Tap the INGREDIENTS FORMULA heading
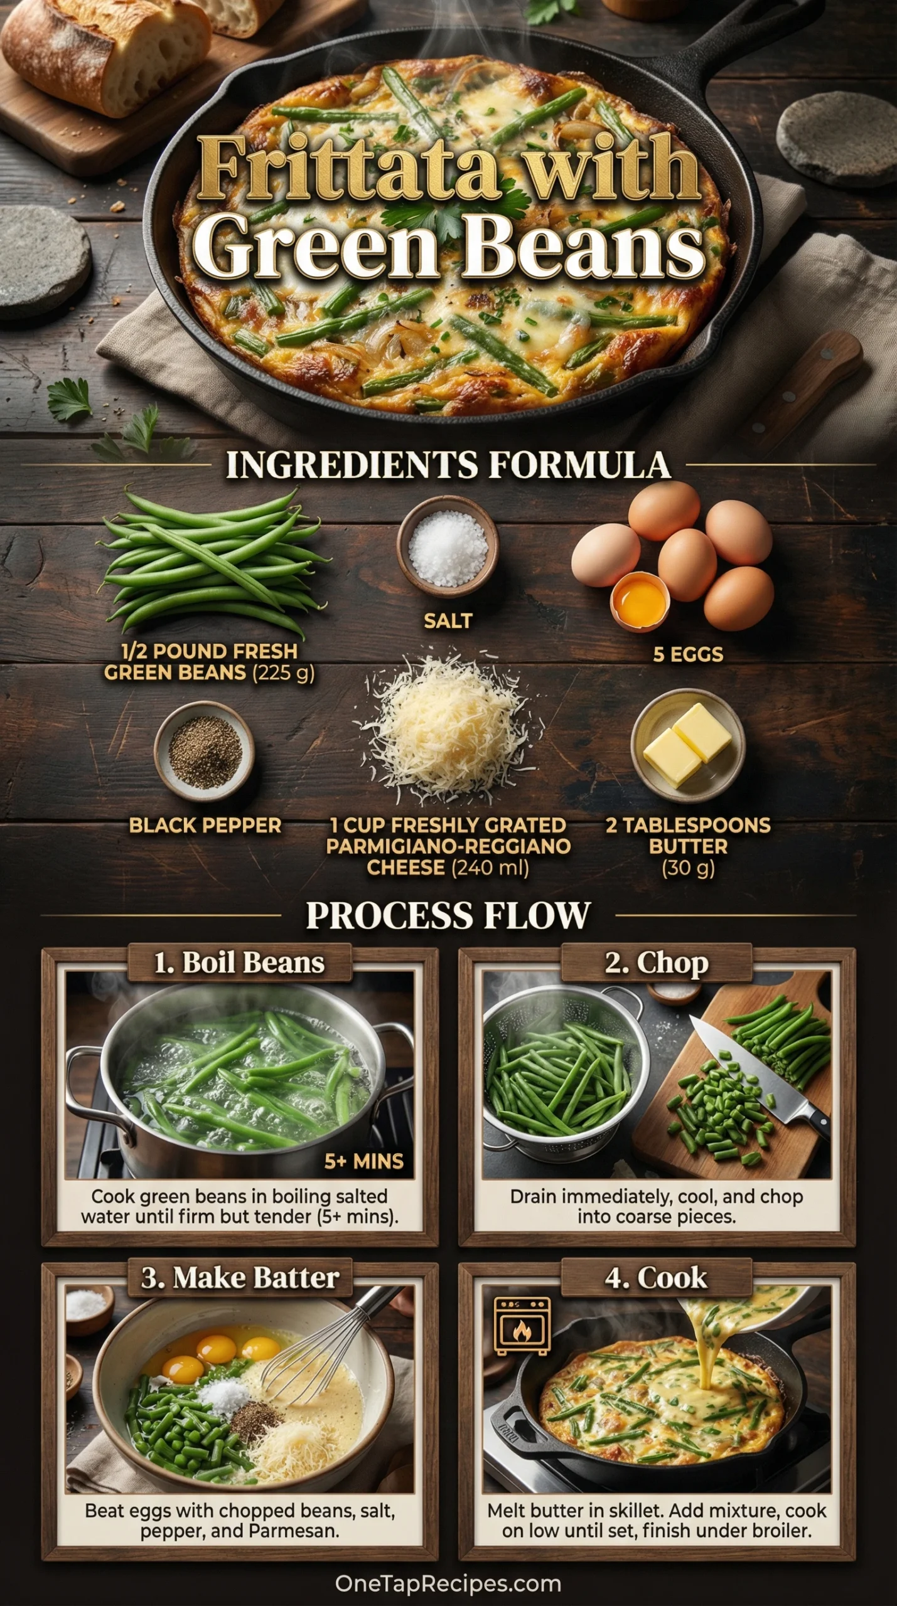point(448,465)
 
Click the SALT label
point(448,621)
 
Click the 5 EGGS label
point(688,654)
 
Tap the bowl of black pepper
point(205,752)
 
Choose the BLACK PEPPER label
point(205,826)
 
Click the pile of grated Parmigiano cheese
point(448,728)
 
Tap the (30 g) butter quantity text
point(688,868)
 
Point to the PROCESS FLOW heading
point(448,915)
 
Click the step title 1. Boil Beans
point(239,963)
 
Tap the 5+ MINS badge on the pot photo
point(363,1162)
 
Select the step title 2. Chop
point(657,963)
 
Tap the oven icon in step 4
point(522,1326)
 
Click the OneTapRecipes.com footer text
point(448,1583)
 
